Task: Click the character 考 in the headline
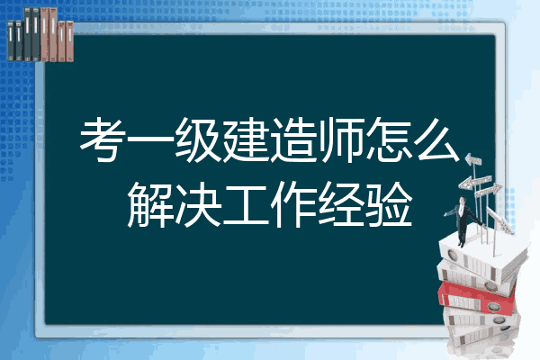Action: click(102, 139)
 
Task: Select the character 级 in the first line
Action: click(197, 139)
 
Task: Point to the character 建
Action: click(245, 139)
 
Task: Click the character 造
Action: click(293, 139)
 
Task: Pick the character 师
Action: click(341, 139)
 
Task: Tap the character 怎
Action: click(389, 139)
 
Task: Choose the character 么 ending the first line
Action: click(436, 139)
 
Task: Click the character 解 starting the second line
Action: click(149, 204)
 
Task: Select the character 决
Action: click(198, 204)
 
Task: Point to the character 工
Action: click(246, 204)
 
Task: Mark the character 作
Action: click(293, 204)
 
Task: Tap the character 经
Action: click(341, 204)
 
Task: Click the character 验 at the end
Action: click(389, 204)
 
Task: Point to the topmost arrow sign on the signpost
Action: click(473, 160)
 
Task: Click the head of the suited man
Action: click(463, 200)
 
